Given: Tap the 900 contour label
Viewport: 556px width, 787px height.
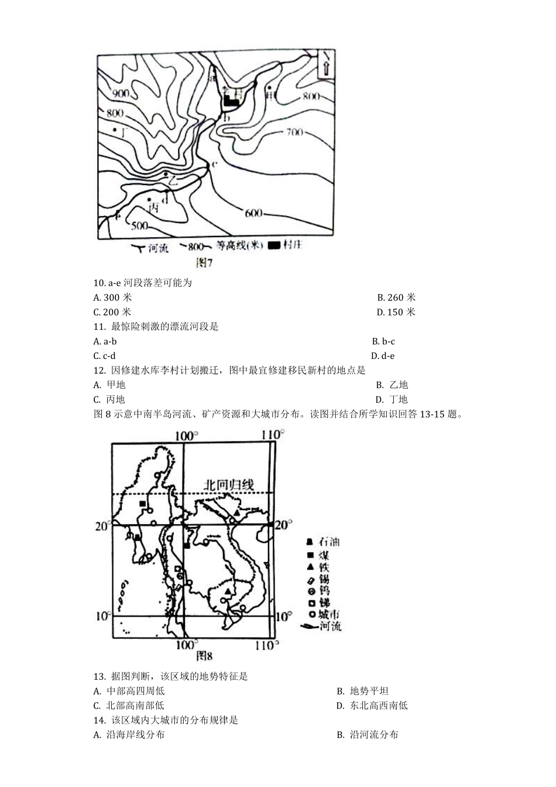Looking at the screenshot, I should pos(121,94).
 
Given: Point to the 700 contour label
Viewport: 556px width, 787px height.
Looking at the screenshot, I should pos(294,132).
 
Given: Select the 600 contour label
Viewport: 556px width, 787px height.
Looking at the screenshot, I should pos(253,213).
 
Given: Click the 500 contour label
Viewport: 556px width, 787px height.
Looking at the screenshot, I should pos(139,225).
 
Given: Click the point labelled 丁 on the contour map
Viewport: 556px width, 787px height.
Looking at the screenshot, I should pos(116,130).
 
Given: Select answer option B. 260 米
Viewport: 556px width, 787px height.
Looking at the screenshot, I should pos(396,297).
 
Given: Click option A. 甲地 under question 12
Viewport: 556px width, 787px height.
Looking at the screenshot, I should pos(109,385).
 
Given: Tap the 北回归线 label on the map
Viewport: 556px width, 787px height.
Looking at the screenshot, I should pos(229,484).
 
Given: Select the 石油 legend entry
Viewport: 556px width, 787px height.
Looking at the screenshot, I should pos(323,542).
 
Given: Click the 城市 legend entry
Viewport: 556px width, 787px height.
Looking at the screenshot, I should pos(323,614).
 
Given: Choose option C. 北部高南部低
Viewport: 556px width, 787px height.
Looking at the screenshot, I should pos(129,706).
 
